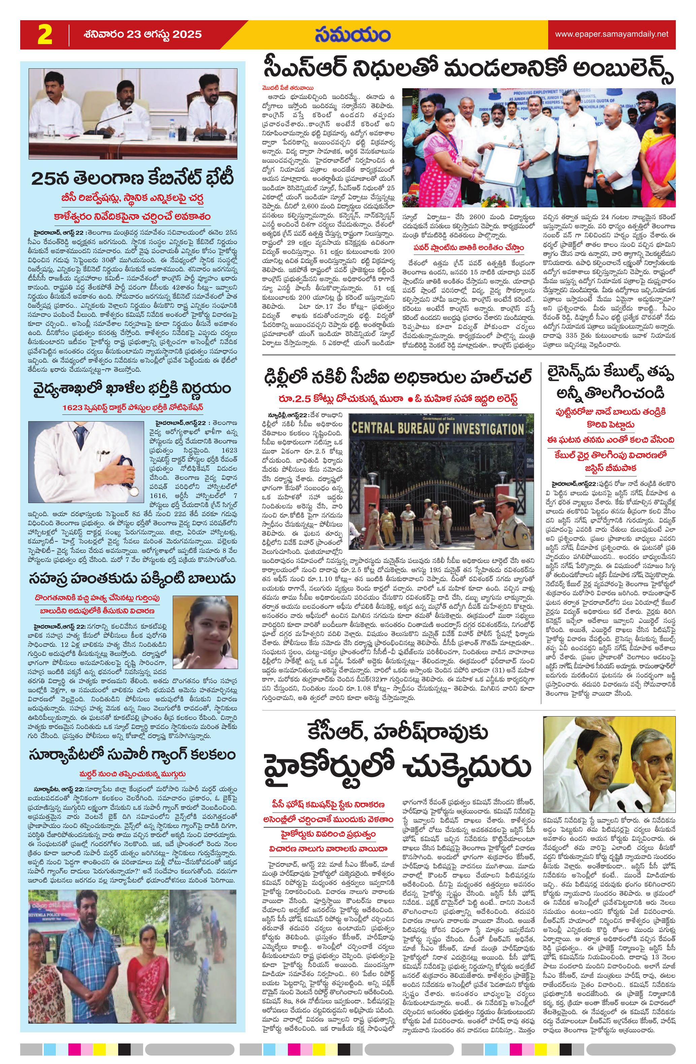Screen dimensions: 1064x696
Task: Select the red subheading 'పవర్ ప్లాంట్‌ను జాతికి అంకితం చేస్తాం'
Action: pos(468,247)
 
